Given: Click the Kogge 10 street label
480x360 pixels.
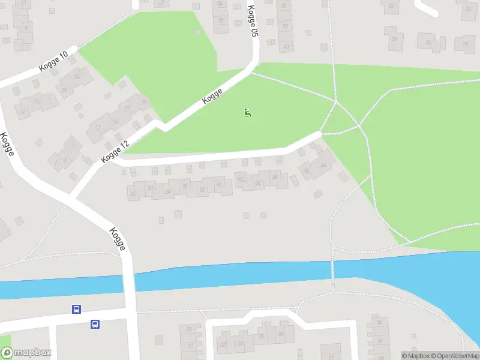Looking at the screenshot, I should pos(53,62).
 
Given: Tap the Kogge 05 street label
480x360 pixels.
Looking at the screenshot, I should pos(253,22).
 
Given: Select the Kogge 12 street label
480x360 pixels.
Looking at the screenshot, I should pos(116,151).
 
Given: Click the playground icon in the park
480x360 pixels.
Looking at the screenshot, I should pos(248,112).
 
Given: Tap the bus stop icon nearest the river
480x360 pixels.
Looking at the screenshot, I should pos(77,309).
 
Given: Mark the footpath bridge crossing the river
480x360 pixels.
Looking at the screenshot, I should pos(332,270).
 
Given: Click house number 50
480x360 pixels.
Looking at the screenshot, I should pos(240,179).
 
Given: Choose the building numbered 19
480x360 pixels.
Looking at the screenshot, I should pos(128,108).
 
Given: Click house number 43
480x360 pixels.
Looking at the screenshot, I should pos(286,46).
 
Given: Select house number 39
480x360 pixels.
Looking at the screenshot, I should pos(285,26).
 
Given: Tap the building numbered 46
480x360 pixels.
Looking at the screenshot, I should pos(220,184).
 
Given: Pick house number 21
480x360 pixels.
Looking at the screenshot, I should pos(191,329).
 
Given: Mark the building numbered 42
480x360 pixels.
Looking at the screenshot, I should pos(203,190).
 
